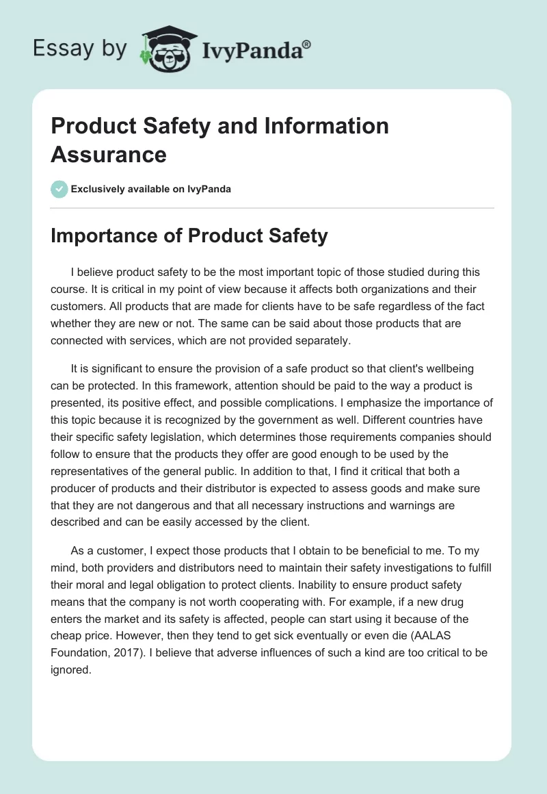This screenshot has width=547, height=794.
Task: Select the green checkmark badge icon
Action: click(59, 189)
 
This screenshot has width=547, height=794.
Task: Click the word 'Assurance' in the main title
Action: click(109, 154)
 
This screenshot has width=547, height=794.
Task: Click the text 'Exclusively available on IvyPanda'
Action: click(151, 189)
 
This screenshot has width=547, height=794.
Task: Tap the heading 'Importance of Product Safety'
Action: click(189, 236)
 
